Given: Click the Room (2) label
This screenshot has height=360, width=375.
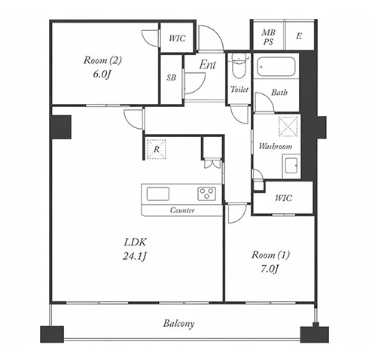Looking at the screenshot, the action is (102, 60).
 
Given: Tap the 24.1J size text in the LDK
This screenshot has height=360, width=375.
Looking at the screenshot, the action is (135, 256).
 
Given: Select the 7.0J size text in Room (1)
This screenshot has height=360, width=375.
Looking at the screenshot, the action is (270, 269).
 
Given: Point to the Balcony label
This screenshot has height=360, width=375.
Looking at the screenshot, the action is (178, 323).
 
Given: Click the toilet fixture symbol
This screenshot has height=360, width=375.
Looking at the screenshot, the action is (239, 66).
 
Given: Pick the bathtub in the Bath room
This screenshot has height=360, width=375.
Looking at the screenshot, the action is (276, 66).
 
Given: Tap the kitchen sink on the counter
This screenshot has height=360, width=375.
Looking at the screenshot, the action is (157, 194).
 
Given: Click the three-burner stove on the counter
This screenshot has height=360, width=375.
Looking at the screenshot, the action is (206, 194).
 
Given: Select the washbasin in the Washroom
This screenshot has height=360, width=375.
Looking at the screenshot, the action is (291, 166).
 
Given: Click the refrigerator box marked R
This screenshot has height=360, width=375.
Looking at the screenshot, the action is (156, 149).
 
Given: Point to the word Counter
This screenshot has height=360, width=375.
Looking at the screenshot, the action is (182, 210).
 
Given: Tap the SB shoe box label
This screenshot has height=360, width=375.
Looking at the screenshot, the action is (171, 78).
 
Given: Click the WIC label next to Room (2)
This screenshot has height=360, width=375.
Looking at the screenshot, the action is (177, 38).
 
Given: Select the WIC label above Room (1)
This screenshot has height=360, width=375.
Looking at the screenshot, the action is (283, 198).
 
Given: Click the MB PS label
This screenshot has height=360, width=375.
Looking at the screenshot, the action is (268, 37).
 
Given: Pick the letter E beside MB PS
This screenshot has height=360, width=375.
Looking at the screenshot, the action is (299, 36).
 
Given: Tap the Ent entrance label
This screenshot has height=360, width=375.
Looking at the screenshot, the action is (208, 65).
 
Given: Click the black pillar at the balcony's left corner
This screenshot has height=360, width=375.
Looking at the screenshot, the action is (52, 334).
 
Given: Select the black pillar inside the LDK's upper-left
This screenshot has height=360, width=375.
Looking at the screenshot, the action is (61, 127).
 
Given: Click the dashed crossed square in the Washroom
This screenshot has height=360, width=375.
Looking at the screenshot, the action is (288, 127).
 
